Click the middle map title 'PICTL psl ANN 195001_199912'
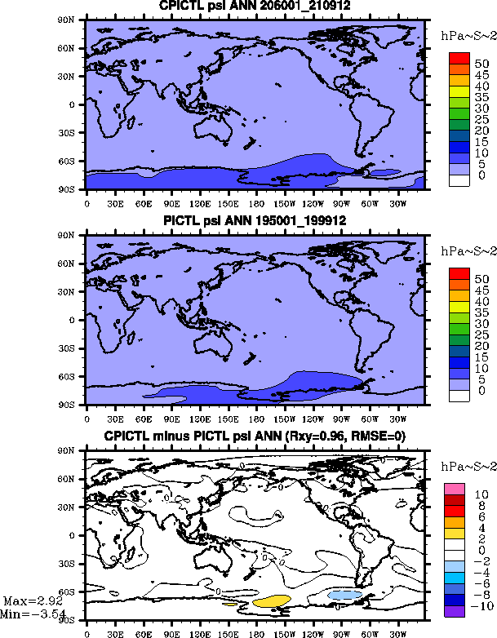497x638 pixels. (255, 220)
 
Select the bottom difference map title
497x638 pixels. (255, 436)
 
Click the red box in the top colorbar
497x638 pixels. (459, 59)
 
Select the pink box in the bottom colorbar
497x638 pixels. (455, 487)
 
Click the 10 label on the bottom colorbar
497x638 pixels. (481, 494)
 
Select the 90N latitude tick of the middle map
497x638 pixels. (73, 235)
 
